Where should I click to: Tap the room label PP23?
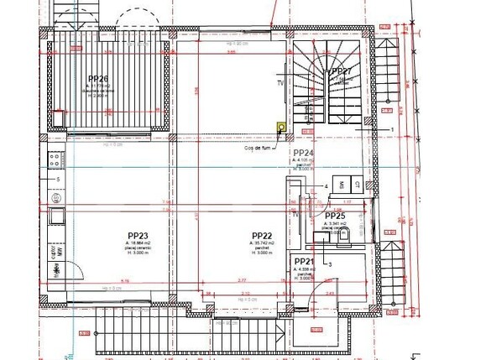(138, 236)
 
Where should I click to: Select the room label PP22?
(262, 236)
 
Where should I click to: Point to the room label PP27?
(341, 72)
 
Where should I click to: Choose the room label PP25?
(335, 216)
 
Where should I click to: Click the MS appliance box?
(341, 184)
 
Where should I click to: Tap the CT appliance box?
(357, 184)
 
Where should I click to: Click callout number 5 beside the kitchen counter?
(57, 180)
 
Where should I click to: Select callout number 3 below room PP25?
(331, 263)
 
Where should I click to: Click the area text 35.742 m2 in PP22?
(262, 243)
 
